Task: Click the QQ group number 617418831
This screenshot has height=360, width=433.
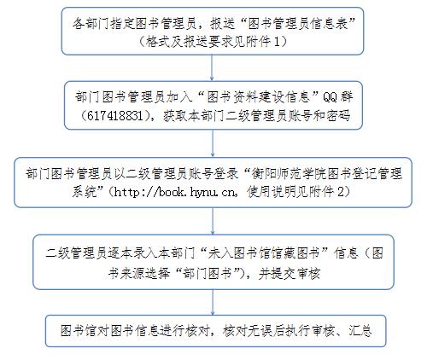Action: coord(115,116)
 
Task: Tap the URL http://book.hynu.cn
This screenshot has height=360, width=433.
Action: coord(175,193)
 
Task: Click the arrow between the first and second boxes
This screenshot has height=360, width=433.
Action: coord(212,67)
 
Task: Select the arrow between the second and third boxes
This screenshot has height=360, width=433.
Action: coord(213,143)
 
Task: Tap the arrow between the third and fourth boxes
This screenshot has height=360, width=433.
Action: coord(213,221)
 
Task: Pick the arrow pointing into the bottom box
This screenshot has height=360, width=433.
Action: coord(213,302)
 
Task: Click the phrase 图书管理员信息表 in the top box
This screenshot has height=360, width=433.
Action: coord(298,23)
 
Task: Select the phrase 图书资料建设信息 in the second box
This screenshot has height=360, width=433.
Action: coord(258,97)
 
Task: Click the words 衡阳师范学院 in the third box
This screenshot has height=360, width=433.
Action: coord(289,173)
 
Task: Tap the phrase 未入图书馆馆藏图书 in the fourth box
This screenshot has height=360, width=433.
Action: coord(264,253)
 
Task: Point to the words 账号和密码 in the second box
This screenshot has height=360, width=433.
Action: coord(319,116)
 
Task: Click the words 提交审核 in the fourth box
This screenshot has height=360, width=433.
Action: coord(295,274)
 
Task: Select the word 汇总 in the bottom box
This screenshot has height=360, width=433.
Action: coord(360,330)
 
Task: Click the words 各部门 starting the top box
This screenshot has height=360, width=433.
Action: coord(91,23)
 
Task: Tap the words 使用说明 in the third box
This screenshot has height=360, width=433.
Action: coord(272,192)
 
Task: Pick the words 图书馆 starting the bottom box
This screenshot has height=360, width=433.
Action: coord(79,330)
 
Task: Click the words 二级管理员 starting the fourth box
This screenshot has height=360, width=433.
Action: coord(76,253)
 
